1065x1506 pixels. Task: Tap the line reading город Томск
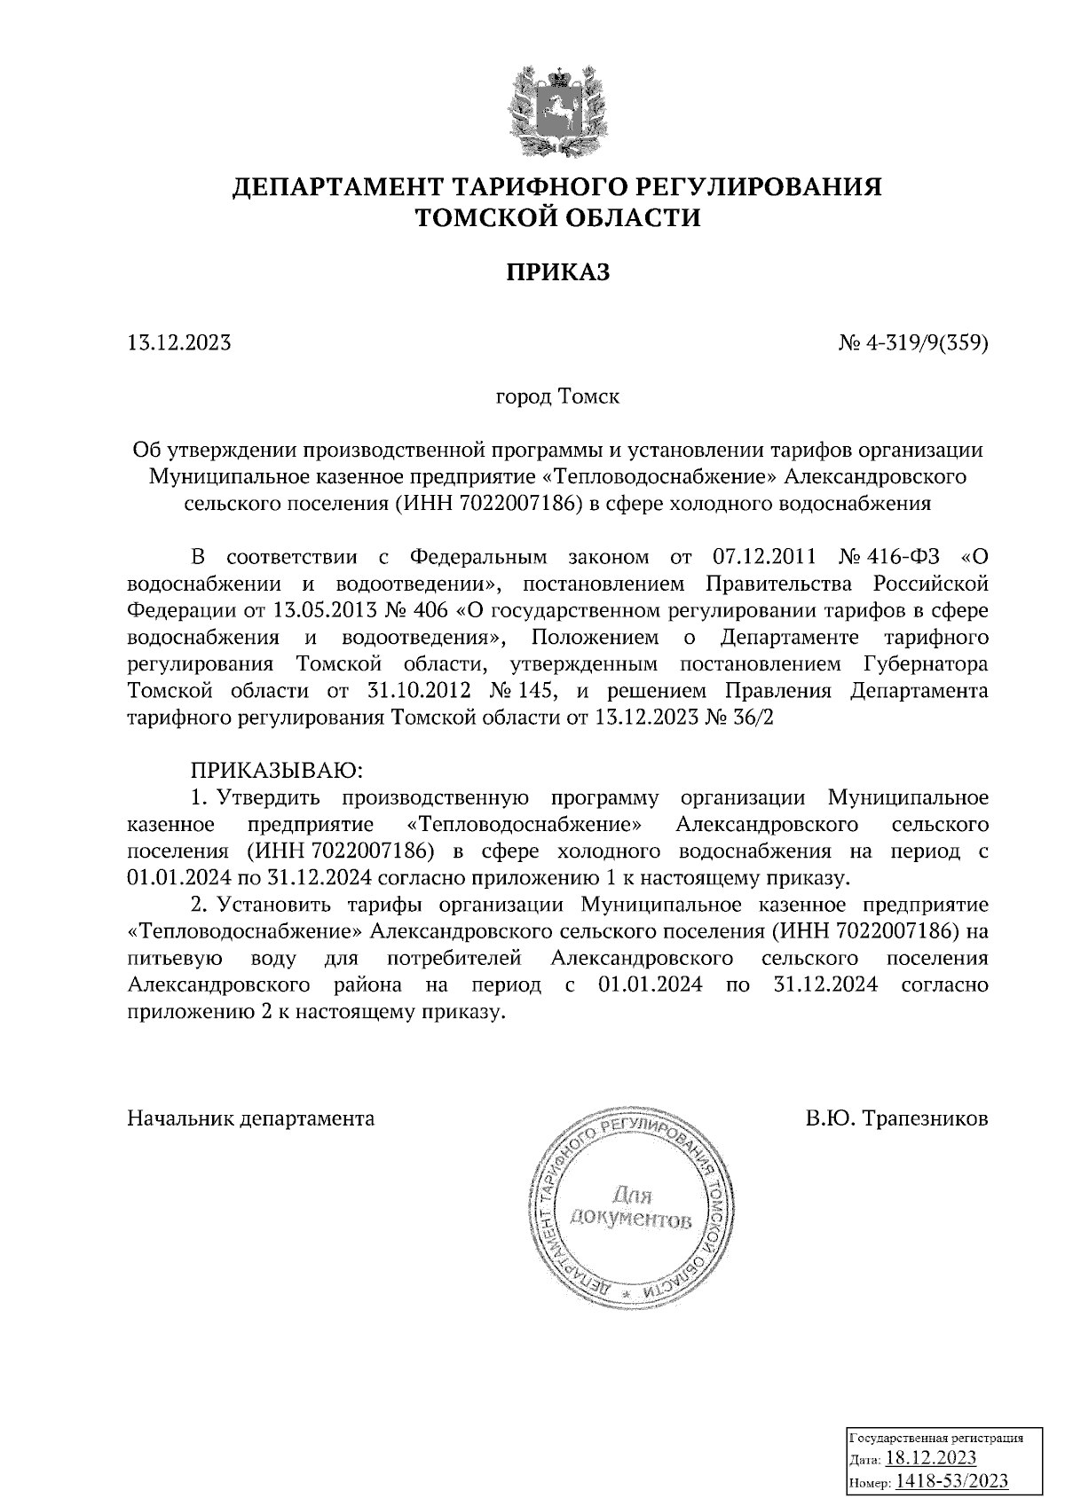(557, 396)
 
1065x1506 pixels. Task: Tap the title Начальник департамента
(251, 1118)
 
